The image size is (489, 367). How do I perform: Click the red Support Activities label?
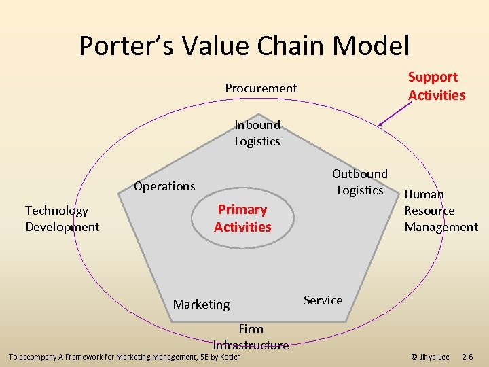436,86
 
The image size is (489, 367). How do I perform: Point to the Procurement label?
261,88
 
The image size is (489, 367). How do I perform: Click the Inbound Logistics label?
257,133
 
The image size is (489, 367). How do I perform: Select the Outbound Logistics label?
360,182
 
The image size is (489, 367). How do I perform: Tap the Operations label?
164,186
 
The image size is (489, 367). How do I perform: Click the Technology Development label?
62,219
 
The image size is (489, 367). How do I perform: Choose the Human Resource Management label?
441,211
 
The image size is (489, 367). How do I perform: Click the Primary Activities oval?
242,218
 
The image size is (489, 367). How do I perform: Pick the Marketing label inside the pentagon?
201,304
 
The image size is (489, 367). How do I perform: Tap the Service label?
323,300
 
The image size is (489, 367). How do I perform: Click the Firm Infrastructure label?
251,337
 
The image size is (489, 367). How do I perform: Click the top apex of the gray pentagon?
257,115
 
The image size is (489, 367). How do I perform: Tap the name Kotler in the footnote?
228,357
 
